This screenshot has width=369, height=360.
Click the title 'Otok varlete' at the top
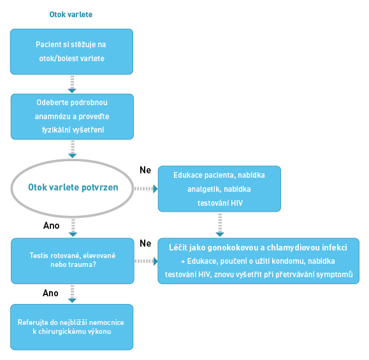71,15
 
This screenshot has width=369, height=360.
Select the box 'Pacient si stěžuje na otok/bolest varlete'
71,52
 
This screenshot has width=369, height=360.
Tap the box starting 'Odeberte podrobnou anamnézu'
72,117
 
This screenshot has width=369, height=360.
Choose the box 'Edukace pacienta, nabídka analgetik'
219,189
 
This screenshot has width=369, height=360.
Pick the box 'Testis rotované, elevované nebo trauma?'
73,261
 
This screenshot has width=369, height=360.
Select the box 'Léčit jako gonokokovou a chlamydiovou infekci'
258,261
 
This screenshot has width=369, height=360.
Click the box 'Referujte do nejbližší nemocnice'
72,327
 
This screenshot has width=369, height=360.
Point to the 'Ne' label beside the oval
145,170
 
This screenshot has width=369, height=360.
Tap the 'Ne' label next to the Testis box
145,243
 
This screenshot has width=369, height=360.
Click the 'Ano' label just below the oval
51,226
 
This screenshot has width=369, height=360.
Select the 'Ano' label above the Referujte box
50,293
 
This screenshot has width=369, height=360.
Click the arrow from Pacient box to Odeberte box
72,84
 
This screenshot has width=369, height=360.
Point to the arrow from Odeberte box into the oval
73,149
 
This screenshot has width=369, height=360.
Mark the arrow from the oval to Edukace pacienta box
146,189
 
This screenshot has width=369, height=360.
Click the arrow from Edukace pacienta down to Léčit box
220,225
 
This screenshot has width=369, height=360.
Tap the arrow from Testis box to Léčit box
146,261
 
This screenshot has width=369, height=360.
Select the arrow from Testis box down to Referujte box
72,294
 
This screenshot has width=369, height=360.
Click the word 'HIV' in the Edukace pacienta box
236,203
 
